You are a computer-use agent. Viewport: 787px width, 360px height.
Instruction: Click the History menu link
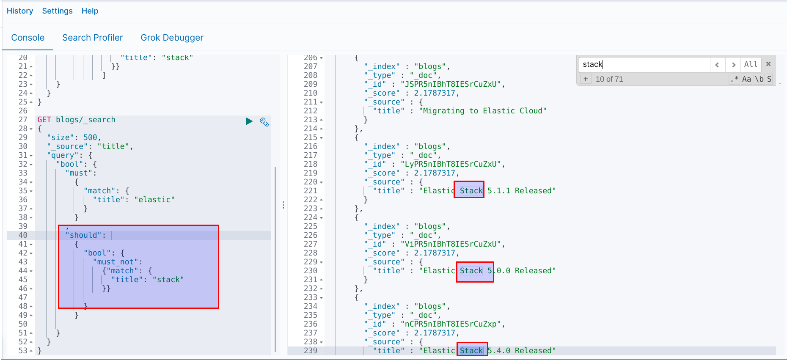[x=20, y=11]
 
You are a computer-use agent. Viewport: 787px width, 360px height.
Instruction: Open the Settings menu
[x=57, y=11]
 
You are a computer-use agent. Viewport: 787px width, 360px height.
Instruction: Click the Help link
[x=90, y=11]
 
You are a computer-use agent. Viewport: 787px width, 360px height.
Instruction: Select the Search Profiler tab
[x=92, y=38]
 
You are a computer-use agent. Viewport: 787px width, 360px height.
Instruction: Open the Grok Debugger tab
[x=172, y=38]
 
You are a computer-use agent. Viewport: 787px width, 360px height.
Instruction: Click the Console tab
[x=28, y=38]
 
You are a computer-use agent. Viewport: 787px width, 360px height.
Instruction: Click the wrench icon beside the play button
[x=264, y=122]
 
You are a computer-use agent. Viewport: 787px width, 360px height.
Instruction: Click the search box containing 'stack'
[x=643, y=64]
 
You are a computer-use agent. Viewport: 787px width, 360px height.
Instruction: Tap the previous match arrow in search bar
[x=717, y=64]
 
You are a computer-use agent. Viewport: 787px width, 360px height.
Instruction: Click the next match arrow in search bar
[x=733, y=64]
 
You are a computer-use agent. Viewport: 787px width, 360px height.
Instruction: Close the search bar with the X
[x=768, y=64]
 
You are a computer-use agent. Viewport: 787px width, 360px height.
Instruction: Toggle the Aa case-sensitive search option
[x=746, y=79]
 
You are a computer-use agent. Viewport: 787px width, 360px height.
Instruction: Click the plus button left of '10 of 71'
[x=586, y=79]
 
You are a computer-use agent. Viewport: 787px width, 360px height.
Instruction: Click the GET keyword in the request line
[x=44, y=120]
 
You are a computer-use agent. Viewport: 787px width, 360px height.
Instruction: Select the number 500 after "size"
[x=90, y=137]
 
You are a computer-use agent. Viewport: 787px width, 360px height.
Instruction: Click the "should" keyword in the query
[x=85, y=235]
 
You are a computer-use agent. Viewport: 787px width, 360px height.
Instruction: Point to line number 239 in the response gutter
[x=310, y=351]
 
